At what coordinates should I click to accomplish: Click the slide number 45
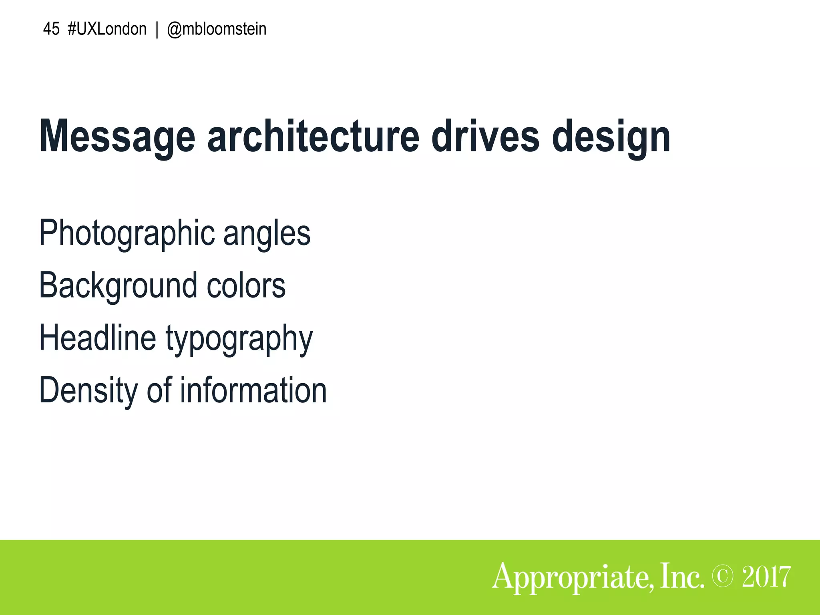click(51, 29)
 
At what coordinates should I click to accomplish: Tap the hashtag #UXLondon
click(107, 29)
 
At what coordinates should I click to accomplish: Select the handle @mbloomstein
click(217, 29)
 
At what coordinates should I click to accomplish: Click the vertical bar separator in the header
click(157, 30)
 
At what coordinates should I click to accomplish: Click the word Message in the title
click(117, 137)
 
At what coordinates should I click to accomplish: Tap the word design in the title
click(611, 137)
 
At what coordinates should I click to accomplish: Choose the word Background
click(118, 286)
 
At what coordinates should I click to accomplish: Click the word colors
click(246, 286)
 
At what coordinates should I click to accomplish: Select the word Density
click(88, 391)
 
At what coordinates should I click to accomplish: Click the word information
click(253, 390)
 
